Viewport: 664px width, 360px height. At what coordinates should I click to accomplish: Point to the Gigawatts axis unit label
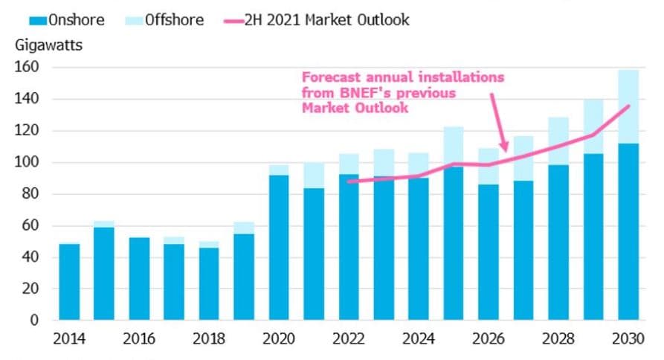48,45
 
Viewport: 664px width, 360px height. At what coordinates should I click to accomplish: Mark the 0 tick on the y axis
34,321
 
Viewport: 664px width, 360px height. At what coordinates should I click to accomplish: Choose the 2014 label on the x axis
69,340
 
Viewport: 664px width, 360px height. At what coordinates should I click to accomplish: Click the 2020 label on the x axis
279,340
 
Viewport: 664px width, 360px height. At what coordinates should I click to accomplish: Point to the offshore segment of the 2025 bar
454,147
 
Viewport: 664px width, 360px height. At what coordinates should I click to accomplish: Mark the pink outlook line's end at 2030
629,106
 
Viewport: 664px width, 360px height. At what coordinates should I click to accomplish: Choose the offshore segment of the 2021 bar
314,176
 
